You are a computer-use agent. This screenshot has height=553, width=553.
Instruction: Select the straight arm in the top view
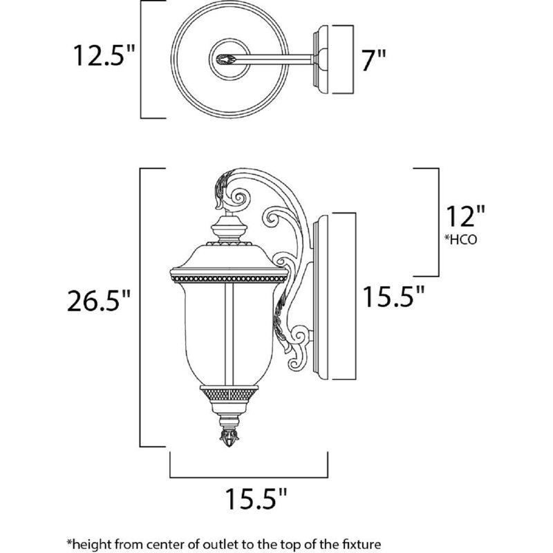point(276,59)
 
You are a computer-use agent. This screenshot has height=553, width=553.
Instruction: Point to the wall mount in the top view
point(332,59)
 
